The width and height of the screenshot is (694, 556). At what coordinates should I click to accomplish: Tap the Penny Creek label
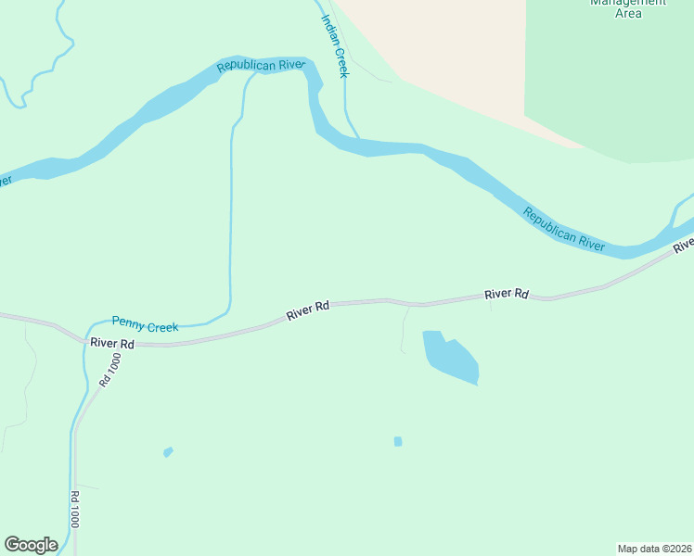pos(145,323)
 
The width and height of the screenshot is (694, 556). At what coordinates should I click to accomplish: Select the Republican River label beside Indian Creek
pos(261,66)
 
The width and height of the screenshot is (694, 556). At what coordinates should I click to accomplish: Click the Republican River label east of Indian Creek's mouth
pos(564,229)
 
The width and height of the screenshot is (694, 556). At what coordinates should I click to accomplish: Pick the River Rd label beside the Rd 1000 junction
pos(113,343)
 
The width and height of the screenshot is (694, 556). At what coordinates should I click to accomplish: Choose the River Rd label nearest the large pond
pos(506,294)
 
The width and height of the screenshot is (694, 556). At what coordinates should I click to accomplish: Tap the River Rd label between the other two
pos(309,310)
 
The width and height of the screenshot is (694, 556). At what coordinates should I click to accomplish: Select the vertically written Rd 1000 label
pos(73,509)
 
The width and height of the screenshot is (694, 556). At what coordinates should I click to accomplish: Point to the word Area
pos(628,14)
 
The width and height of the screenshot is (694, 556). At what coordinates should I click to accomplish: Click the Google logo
pos(31,545)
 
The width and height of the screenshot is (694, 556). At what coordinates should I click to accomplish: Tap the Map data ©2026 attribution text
pos(654,548)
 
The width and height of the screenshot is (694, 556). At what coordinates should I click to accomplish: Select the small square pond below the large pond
pos(398,441)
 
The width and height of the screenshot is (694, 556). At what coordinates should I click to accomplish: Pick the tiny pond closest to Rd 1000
pos(168,452)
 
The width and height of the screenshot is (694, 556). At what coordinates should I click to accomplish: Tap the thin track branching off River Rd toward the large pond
pos(404,329)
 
